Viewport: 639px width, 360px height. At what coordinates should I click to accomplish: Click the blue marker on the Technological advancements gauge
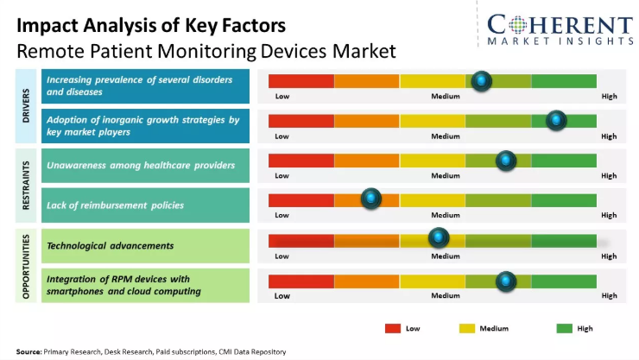[440, 237]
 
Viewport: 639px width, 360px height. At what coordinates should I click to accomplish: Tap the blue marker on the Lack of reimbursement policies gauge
[371, 199]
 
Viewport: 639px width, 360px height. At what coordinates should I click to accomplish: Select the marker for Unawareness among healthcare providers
[505, 161]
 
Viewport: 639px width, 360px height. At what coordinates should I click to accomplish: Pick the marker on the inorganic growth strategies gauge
[556, 121]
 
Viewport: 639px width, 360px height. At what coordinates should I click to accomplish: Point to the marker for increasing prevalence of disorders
[482, 81]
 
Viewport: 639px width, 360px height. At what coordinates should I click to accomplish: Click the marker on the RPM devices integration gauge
[505, 281]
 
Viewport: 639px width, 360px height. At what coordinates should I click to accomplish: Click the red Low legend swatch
[393, 328]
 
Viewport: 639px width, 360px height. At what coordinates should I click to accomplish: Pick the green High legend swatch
[565, 328]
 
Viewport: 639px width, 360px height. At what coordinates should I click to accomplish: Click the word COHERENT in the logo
[560, 23]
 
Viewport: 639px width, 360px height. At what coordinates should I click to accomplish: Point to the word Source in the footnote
[28, 351]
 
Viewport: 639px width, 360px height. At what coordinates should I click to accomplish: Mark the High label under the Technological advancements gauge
[609, 256]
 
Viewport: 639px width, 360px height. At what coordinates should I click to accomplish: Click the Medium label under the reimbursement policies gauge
[446, 216]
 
